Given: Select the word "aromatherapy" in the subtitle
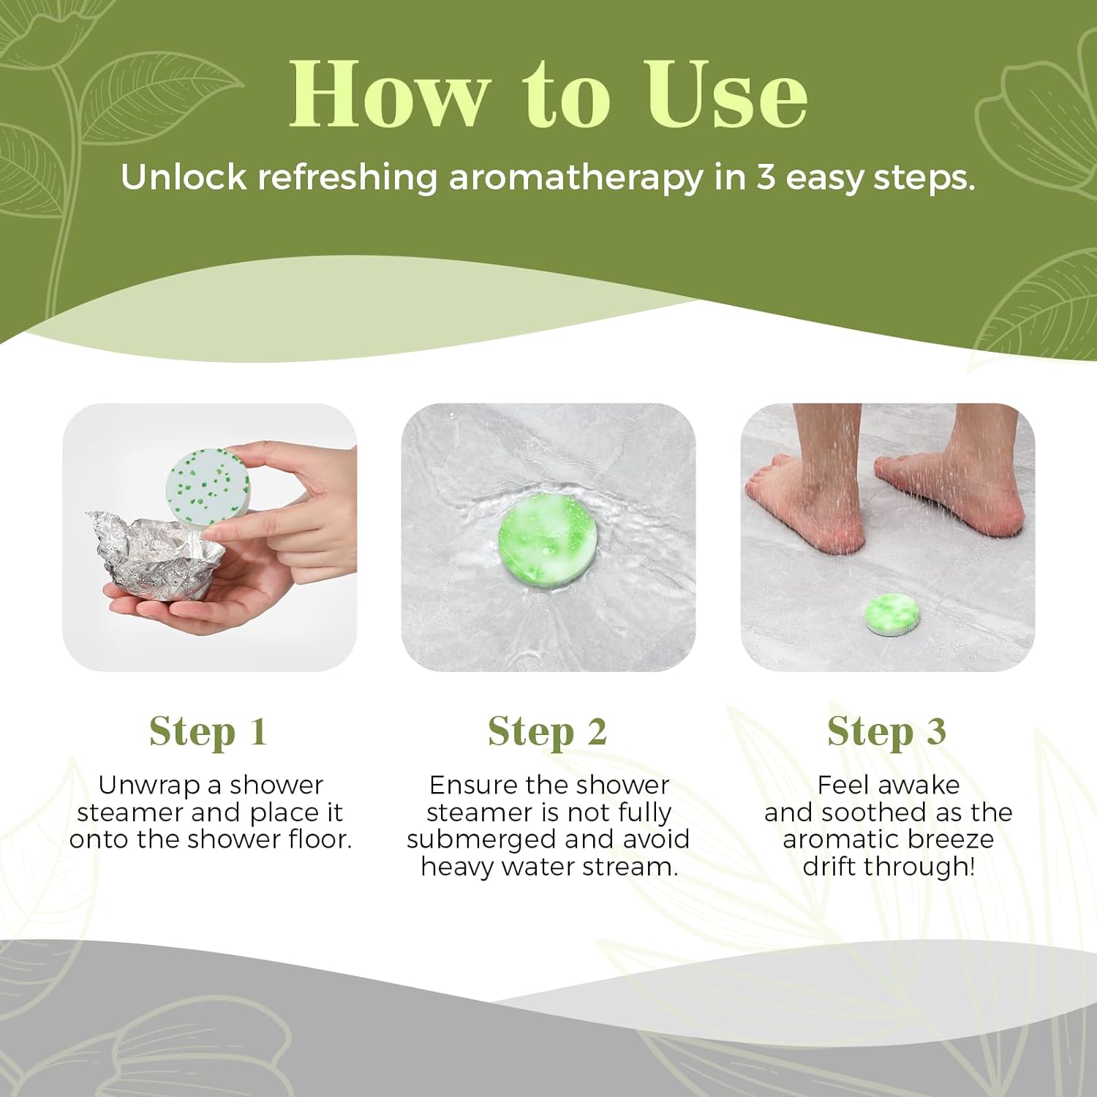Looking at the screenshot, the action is [576, 178].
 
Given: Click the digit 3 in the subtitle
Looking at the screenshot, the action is [766, 178].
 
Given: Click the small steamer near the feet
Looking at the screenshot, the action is [892, 615].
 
